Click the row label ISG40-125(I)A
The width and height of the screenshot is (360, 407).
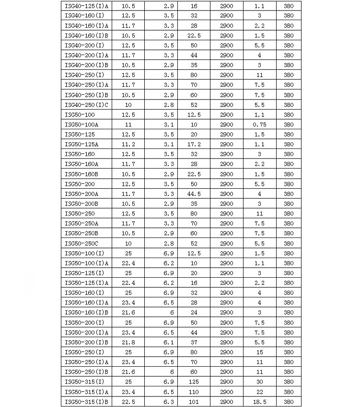tap(86, 6)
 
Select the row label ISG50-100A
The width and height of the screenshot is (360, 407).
tap(81, 124)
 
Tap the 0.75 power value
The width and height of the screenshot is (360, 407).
tap(259, 124)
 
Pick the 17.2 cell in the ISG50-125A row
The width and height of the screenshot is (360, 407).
tap(194, 144)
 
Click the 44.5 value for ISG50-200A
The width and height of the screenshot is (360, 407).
tap(194, 194)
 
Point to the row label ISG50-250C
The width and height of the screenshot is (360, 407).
tap(81, 243)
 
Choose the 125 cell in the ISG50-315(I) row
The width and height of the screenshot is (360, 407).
tap(194, 382)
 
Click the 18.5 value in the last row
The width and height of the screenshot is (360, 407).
tap(259, 402)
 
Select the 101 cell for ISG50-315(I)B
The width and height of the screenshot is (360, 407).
tap(194, 402)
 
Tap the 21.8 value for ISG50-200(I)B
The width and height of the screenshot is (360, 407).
tap(128, 342)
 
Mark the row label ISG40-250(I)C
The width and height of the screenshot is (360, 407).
tap(86, 105)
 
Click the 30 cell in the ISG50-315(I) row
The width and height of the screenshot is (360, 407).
tap(259, 382)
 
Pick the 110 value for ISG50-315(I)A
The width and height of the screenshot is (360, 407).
tap(194, 392)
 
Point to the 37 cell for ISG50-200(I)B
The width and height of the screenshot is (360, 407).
tap(194, 342)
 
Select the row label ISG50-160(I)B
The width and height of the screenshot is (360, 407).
tap(86, 313)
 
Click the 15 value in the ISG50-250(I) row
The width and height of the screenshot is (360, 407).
tap(259, 352)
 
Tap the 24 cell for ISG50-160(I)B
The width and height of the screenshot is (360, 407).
tap(194, 313)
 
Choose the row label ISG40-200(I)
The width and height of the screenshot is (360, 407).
tap(84, 45)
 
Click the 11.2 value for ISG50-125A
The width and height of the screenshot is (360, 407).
tap(128, 144)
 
